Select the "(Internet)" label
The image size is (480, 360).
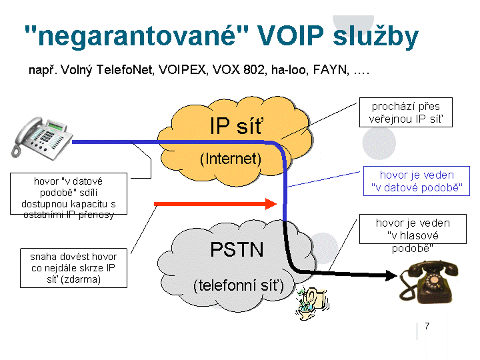(x=230, y=159)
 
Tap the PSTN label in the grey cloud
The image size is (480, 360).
(x=237, y=249)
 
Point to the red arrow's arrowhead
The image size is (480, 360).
(x=270, y=202)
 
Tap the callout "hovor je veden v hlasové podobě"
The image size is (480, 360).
(x=413, y=235)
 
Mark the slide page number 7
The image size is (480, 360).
(x=427, y=325)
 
